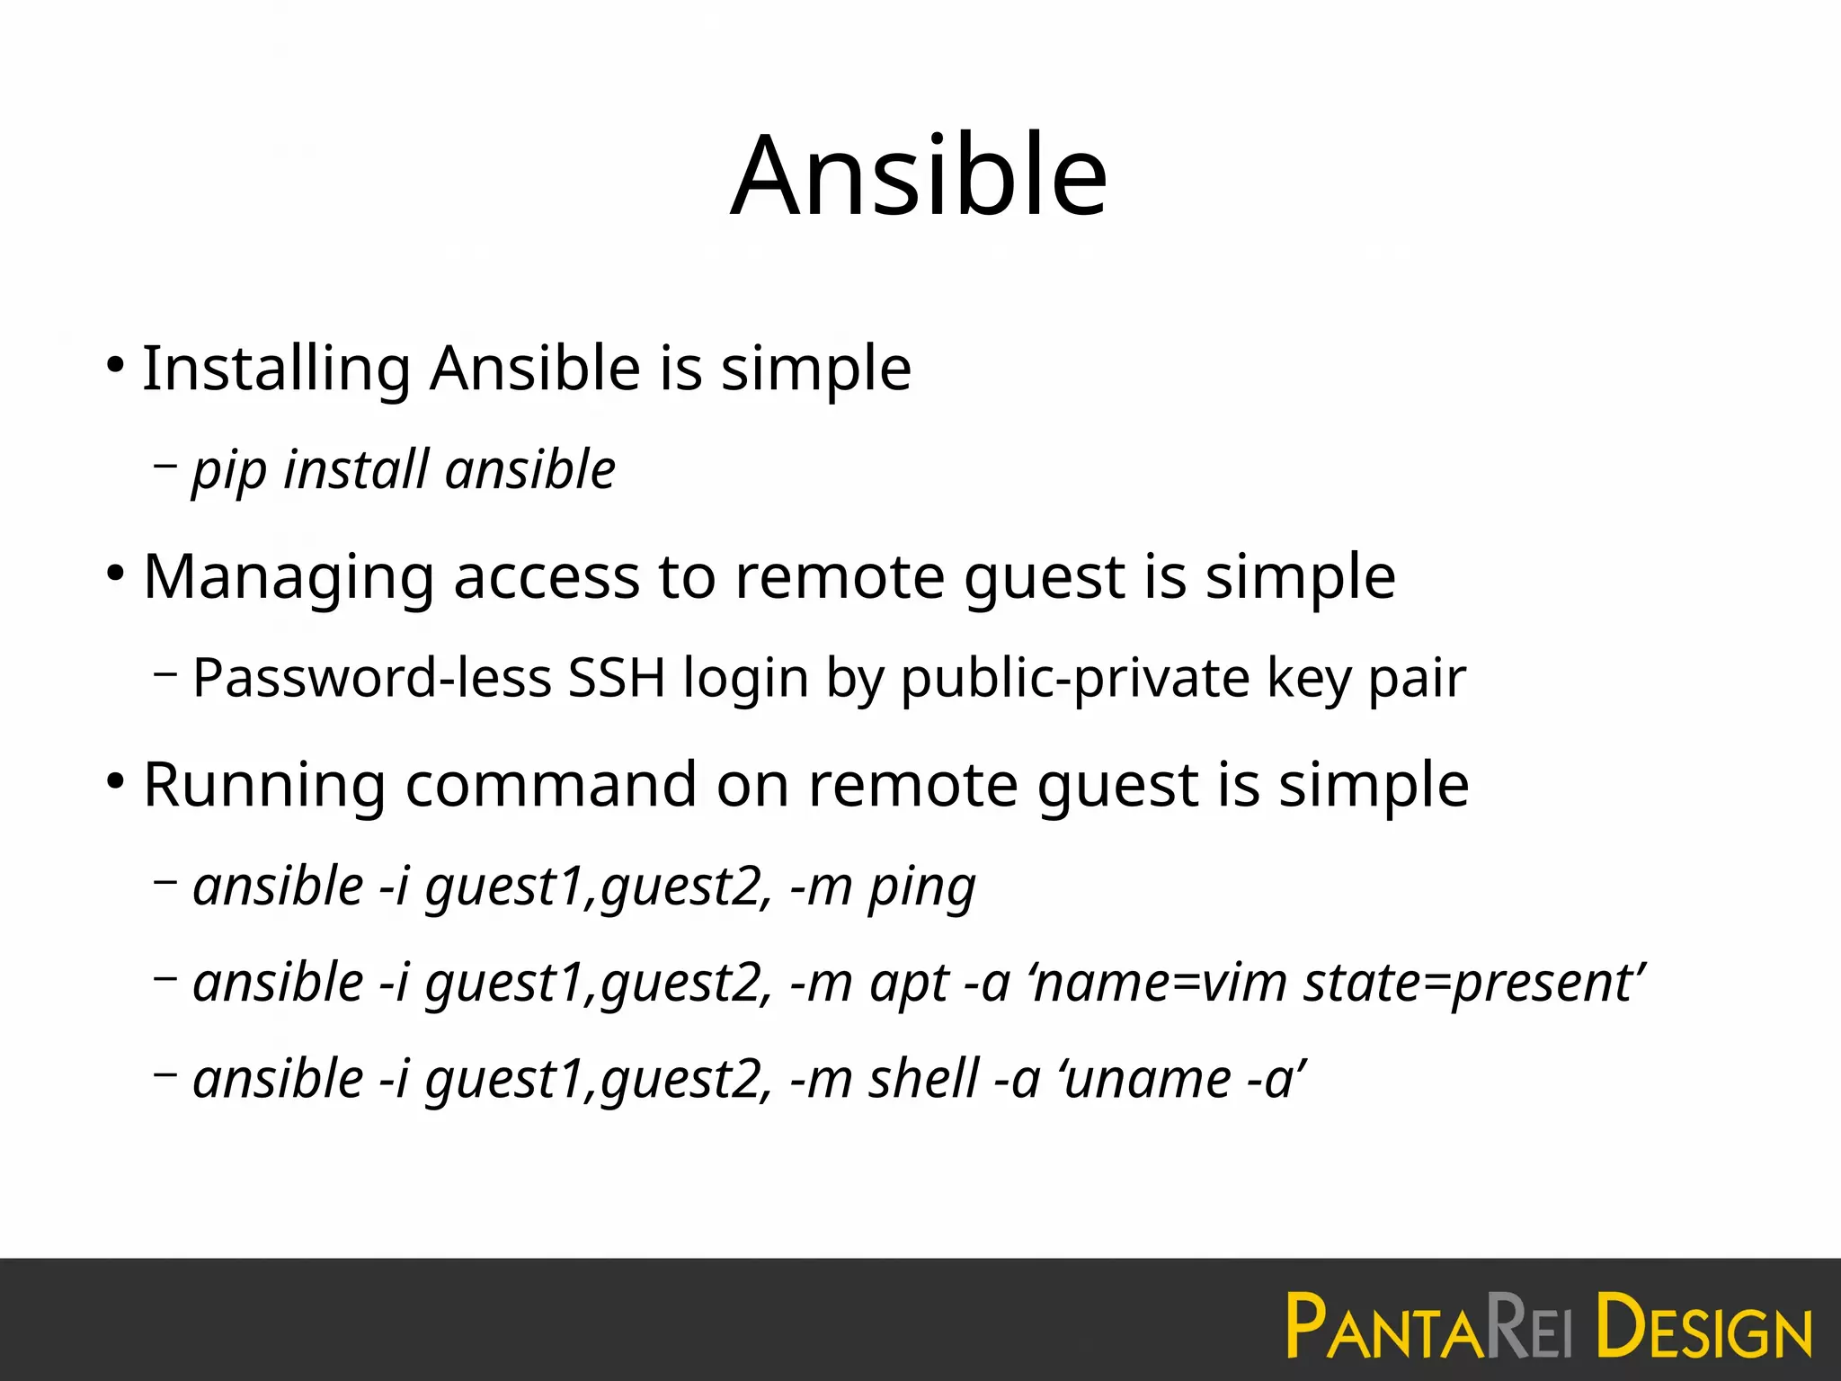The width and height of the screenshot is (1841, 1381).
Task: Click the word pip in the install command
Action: coord(229,470)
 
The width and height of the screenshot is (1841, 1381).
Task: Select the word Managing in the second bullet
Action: coord(289,577)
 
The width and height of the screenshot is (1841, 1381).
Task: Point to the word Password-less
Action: coord(372,678)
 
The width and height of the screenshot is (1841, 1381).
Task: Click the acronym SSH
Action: coord(617,678)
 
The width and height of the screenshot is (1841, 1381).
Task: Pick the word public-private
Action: coord(1075,678)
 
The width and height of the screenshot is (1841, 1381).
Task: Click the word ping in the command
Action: coord(921,887)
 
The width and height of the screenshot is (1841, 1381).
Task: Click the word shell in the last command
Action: coord(923,1079)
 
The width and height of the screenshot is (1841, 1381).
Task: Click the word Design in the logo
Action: coord(1703,1327)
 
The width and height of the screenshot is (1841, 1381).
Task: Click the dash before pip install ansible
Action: coord(165,466)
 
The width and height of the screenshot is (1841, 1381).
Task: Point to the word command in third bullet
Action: coord(551,785)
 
